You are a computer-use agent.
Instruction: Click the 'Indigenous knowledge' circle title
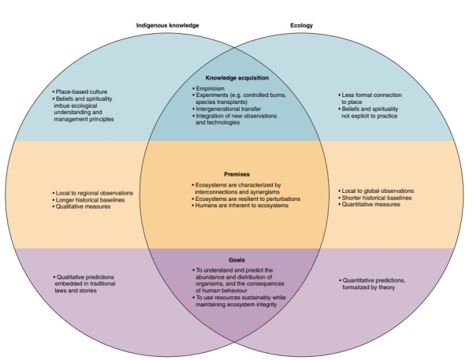[166, 25]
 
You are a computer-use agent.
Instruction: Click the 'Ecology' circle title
[301, 25]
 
